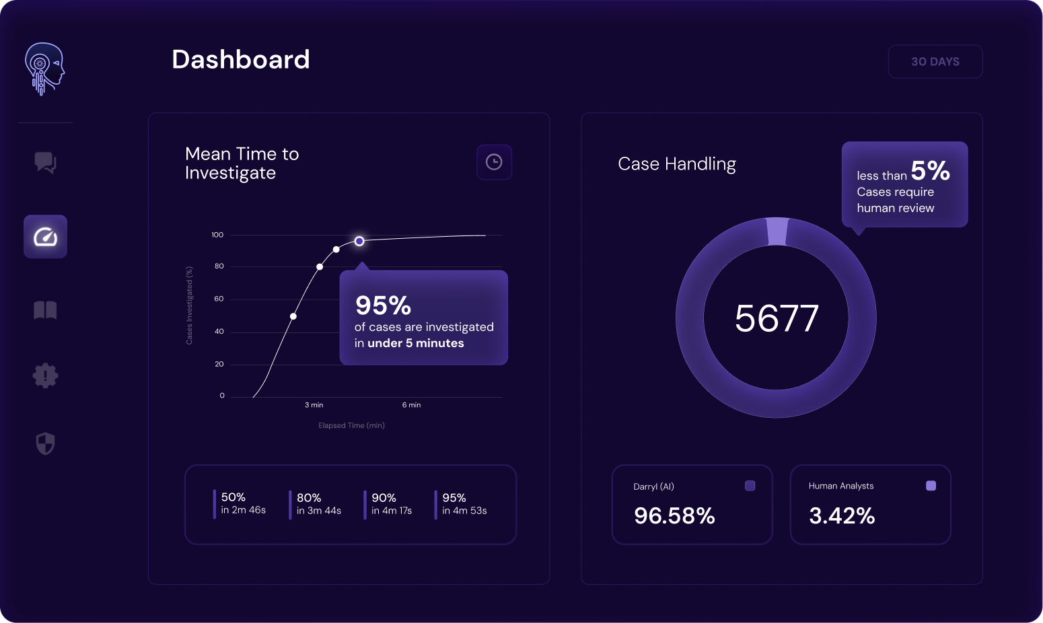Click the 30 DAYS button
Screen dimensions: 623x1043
click(x=935, y=62)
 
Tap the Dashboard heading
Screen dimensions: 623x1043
click(x=241, y=60)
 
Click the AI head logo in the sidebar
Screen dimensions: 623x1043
click(x=44, y=69)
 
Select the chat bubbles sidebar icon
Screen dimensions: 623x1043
click(x=45, y=162)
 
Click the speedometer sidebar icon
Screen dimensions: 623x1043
click(x=45, y=237)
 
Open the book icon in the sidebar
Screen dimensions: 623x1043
click(x=45, y=310)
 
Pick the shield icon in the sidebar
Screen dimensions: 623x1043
click(x=45, y=443)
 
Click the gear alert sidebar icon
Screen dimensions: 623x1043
click(x=45, y=375)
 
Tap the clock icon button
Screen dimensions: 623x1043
click(x=494, y=162)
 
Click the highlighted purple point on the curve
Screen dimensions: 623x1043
click(x=359, y=241)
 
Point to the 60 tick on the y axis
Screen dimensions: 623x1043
click(x=219, y=299)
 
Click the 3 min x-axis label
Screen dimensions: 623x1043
click(x=314, y=405)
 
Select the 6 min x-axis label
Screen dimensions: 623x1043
click(x=411, y=405)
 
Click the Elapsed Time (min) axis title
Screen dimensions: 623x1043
click(x=351, y=425)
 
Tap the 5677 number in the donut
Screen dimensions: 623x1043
click(x=777, y=318)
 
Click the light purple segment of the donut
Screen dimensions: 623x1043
click(x=777, y=231)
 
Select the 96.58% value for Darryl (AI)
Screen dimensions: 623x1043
click(x=674, y=516)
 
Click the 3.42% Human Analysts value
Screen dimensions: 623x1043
click(x=842, y=516)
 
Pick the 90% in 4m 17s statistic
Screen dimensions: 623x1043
click(x=391, y=504)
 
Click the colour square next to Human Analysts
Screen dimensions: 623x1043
click(x=931, y=486)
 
